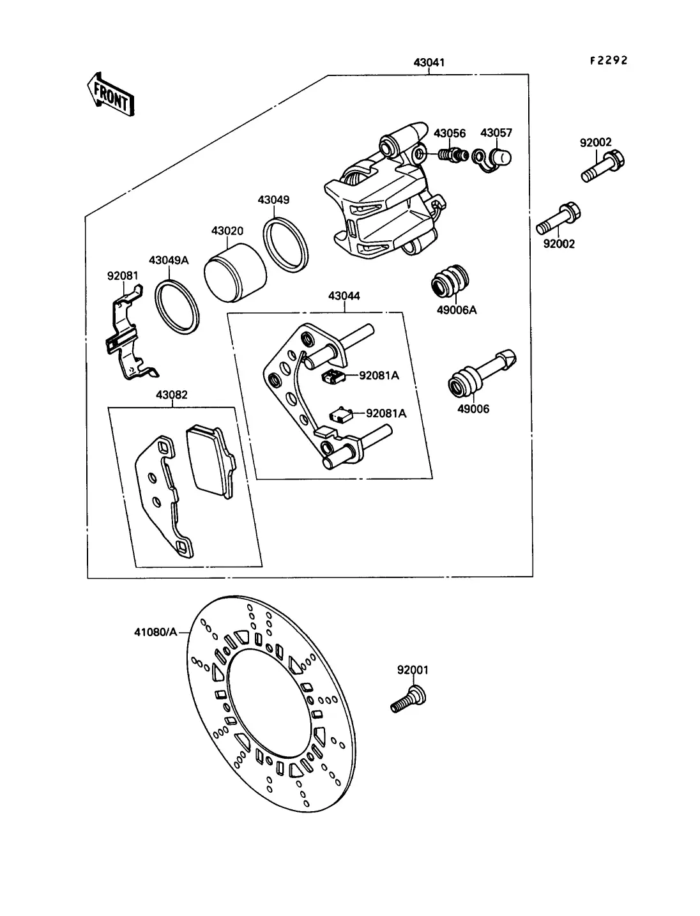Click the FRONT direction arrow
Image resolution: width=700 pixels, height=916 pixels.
[110, 95]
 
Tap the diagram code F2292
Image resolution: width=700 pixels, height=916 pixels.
[609, 61]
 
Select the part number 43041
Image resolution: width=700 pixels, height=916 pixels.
[429, 63]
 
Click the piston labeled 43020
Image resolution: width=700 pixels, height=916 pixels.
[235, 272]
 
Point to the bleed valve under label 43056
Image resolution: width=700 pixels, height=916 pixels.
[453, 155]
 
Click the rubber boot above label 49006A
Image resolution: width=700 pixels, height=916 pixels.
[450, 281]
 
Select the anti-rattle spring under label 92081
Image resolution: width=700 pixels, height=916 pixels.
[127, 332]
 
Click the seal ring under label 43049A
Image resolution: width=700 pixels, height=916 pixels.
[177, 307]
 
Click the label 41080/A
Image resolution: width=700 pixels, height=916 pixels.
[156, 632]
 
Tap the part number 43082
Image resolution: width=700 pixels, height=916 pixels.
[171, 395]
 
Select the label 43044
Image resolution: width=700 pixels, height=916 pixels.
[344, 296]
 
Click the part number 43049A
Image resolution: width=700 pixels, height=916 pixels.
[169, 261]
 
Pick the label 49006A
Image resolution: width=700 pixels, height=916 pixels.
[457, 310]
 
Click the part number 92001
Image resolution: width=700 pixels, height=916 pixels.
[413, 670]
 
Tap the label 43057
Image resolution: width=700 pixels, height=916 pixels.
[496, 133]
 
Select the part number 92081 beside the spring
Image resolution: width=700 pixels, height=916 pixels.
[123, 276]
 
